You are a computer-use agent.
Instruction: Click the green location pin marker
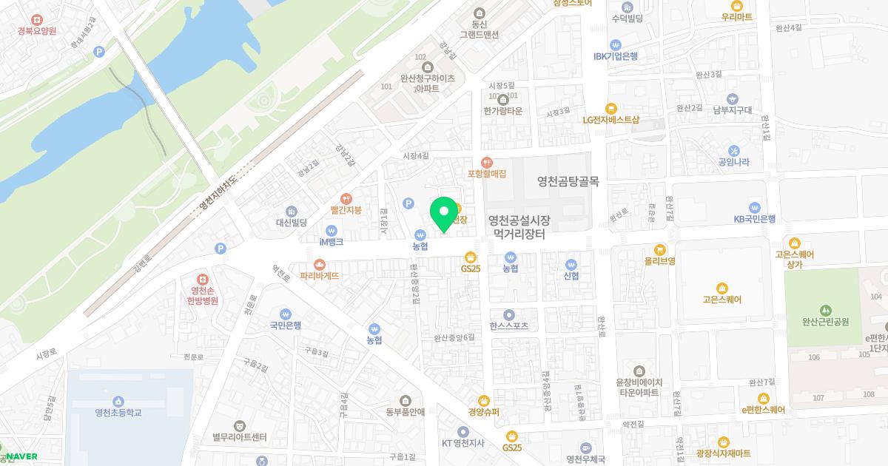(x=444, y=213)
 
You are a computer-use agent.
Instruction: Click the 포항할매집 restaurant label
(x=486, y=174)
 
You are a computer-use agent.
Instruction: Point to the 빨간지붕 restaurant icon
(x=346, y=197)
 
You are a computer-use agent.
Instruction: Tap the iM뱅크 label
(x=331, y=242)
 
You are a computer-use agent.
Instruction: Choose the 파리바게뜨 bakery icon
(x=319, y=264)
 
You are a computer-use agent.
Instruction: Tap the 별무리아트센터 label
(x=239, y=437)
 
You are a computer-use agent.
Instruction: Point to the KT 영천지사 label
(x=462, y=443)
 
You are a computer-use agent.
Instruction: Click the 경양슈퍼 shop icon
(x=484, y=400)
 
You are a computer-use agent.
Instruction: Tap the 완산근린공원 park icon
(x=825, y=310)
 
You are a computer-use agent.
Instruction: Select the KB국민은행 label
(x=754, y=219)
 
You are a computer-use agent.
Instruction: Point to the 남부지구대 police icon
(x=732, y=98)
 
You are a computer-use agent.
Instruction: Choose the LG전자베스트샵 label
(x=610, y=119)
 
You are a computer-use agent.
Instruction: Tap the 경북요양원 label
(x=38, y=31)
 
